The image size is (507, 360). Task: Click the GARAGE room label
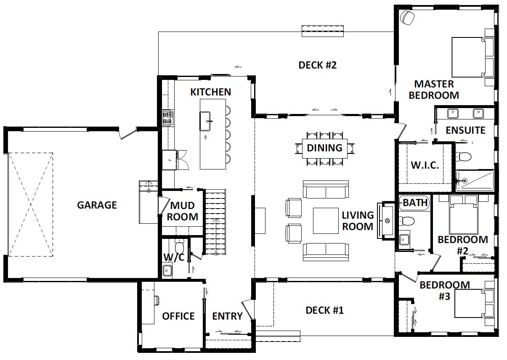pyautogui.click(x=97, y=205)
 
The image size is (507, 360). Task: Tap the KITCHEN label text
pyautogui.click(x=210, y=92)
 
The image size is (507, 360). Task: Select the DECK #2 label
pyautogui.click(x=317, y=65)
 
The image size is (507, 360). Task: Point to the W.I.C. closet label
pyautogui.click(x=425, y=165)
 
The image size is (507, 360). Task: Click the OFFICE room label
pyautogui.click(x=178, y=316)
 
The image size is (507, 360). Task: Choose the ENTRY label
pyautogui.click(x=227, y=316)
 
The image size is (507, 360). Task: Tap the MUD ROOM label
pyautogui.click(x=183, y=211)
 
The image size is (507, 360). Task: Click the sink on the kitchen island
pyautogui.click(x=205, y=121)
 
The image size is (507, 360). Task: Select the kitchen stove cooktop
pyautogui.click(x=168, y=117)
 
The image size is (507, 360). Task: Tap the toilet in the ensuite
pyautogui.click(x=463, y=156)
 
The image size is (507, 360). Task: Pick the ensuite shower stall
pyautogui.click(x=475, y=180)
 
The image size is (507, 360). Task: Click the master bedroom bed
pyautogui.click(x=472, y=57)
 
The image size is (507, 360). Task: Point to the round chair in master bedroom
pyautogui.click(x=407, y=17)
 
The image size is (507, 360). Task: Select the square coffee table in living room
pyautogui.click(x=326, y=221)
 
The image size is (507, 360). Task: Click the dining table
pyautogui.click(x=324, y=148)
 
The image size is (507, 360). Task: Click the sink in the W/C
pyautogui.click(x=167, y=270)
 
